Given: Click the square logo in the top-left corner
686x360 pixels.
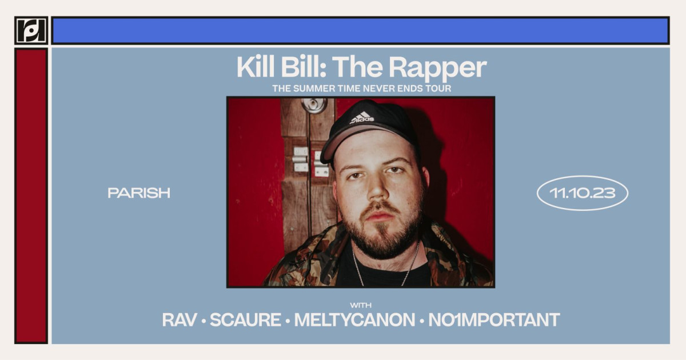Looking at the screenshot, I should pos(31,30).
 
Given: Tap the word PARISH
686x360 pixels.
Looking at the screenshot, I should pos(139,193).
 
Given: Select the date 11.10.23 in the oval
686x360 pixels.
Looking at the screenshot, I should pos(582,193).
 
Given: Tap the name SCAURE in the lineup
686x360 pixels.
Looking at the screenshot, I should pos(246,320).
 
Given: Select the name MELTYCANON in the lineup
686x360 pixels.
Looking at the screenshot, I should pos(354,320).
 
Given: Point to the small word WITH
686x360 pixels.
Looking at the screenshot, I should pos(361,305).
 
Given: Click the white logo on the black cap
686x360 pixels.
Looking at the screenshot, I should pos(362,118).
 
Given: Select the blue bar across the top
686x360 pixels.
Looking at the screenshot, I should pos(360,30).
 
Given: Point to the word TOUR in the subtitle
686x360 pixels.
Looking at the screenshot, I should pos(438,89).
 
